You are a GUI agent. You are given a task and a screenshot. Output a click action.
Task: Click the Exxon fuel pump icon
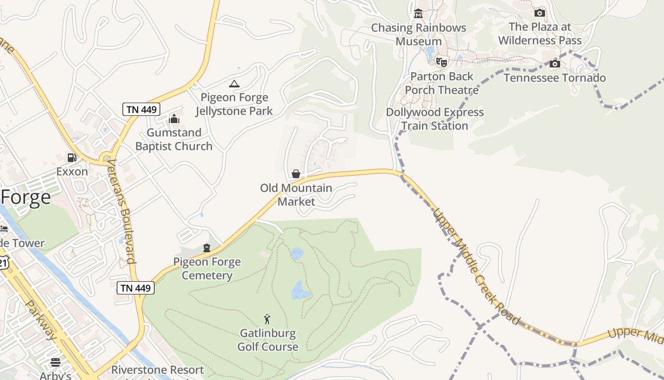tap(72, 158)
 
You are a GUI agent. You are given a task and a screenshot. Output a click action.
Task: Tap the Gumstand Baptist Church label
tap(174, 139)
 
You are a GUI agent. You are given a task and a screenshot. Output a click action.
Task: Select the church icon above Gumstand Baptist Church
tap(174, 119)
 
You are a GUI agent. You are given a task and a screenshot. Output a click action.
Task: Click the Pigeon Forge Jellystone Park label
tap(234, 104)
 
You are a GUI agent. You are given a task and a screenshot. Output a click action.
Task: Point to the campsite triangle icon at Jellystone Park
tap(234, 84)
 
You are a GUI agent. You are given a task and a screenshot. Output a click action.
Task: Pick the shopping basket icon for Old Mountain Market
tap(296, 174)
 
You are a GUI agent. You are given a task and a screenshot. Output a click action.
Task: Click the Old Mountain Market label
tap(296, 195)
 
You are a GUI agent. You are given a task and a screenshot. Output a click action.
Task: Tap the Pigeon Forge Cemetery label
tap(207, 268)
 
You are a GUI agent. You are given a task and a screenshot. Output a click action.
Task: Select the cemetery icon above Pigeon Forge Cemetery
tap(207, 247)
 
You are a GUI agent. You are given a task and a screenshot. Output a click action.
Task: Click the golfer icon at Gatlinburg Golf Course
tap(267, 319)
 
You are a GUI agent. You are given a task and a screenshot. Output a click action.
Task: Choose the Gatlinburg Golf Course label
tap(268, 340)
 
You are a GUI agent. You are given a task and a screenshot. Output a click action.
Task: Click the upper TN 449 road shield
tap(141, 109)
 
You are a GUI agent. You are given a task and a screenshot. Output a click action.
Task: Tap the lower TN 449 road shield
tap(136, 288)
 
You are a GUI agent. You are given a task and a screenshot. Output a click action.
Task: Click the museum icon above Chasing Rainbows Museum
tap(418, 14)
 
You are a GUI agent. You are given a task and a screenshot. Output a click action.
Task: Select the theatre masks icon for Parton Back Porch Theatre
tap(442, 62)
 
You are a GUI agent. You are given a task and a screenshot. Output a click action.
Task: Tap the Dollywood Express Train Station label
tap(435, 119)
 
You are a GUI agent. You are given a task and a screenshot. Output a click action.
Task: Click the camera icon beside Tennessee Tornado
tap(555, 64)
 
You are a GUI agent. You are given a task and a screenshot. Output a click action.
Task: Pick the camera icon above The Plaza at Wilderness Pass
tap(540, 13)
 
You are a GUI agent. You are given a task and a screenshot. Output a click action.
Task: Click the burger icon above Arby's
tap(55, 362)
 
